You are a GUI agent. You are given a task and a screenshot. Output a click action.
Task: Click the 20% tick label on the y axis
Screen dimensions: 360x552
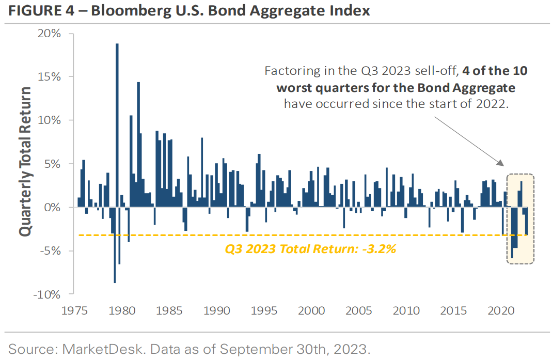(49, 33)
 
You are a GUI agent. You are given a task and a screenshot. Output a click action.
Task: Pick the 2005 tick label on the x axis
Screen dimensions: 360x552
(358, 311)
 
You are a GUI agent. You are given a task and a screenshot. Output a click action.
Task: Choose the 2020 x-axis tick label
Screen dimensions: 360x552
(500, 311)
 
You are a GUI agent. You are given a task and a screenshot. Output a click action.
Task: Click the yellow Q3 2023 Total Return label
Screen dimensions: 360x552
(310, 248)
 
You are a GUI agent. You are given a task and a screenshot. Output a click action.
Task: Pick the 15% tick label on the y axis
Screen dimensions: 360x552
(49, 76)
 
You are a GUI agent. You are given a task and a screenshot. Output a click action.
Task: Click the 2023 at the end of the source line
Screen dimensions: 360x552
(354, 349)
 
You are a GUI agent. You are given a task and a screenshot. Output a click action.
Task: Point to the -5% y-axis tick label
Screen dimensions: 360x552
(50, 251)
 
